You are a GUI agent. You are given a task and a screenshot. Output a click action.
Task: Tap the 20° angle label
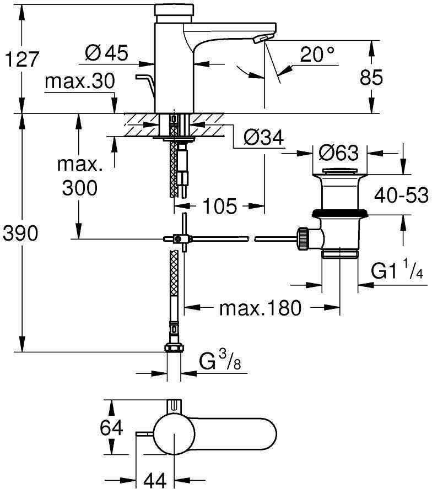(318, 54)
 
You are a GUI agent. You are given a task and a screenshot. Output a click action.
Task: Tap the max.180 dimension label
(261, 308)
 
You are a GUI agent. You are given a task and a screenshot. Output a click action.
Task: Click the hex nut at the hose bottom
(174, 348)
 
